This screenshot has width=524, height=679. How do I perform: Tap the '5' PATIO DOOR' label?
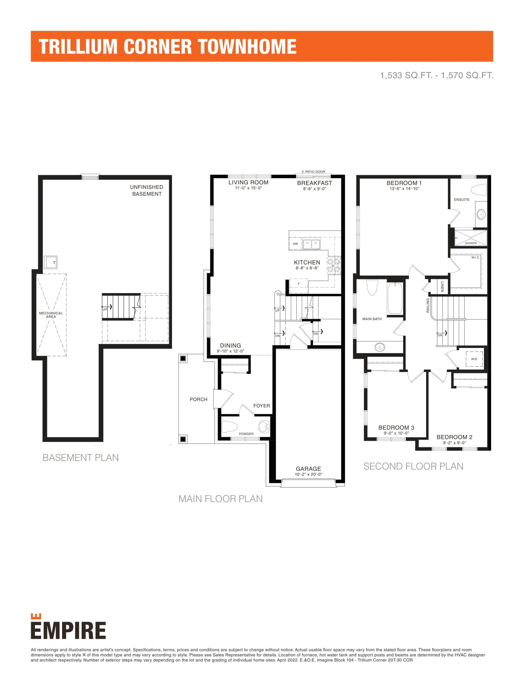pyautogui.click(x=313, y=172)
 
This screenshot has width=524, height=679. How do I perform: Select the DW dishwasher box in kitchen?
pyautogui.click(x=295, y=244)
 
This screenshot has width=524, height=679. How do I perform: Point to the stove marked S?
pyautogui.click(x=333, y=265)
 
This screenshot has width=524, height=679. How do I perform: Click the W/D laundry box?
pyautogui.click(x=474, y=359)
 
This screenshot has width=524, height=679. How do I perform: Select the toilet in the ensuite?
pyautogui.click(x=478, y=189)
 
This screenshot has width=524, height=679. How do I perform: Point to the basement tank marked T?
pyautogui.click(x=51, y=263)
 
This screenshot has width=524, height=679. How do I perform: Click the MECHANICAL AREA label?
pyautogui.click(x=51, y=315)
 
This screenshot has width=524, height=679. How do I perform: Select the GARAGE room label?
pyautogui.click(x=308, y=468)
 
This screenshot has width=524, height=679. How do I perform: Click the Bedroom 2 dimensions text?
pyautogui.click(x=454, y=443)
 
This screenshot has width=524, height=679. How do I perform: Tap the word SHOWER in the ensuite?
pyautogui.click(x=471, y=243)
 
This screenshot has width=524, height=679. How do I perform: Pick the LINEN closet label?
pyautogui.click(x=442, y=286)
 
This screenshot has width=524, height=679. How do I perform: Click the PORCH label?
pyautogui.click(x=198, y=399)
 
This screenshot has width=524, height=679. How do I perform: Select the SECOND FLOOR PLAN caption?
pyautogui.click(x=413, y=466)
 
